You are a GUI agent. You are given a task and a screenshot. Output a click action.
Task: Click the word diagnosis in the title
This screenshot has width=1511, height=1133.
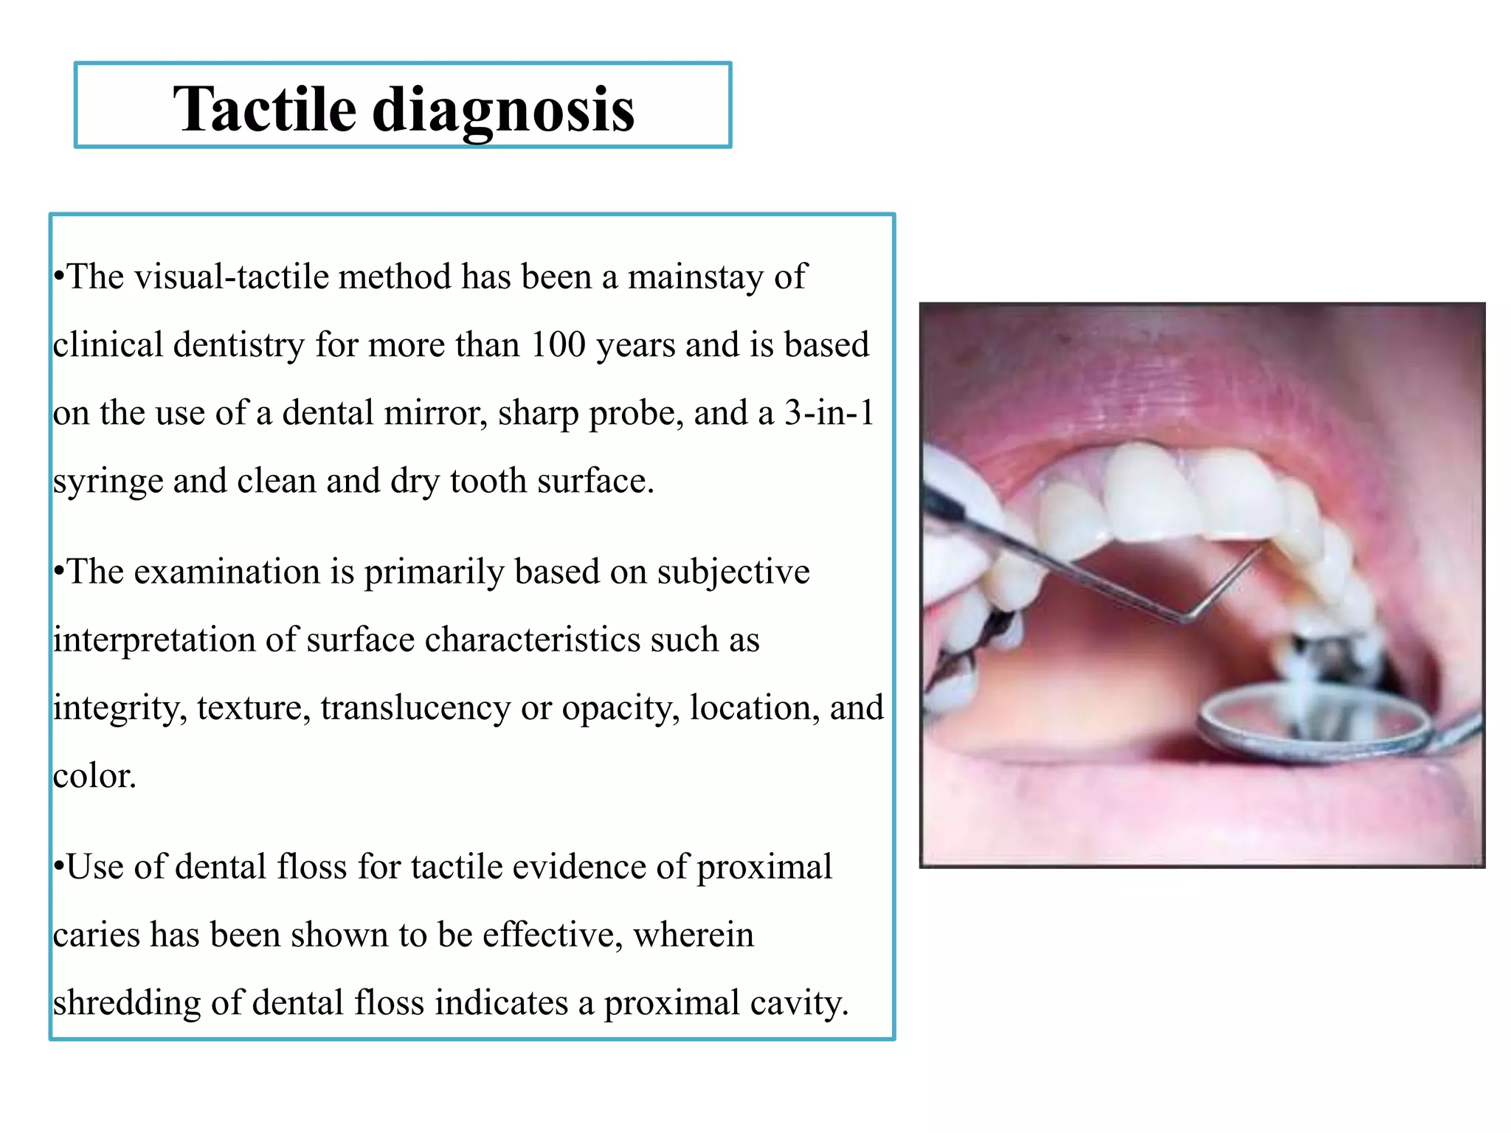pyautogui.click(x=503, y=111)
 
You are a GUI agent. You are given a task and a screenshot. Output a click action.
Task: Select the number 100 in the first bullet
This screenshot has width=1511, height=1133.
pyautogui.click(x=559, y=344)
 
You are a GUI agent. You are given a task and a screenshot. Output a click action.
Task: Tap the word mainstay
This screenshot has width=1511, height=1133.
pyautogui.click(x=696, y=277)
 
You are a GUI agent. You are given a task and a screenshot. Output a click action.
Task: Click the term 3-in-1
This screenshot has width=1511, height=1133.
pyautogui.click(x=829, y=412)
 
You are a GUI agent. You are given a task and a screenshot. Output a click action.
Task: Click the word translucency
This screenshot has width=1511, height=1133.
pyautogui.click(x=415, y=707)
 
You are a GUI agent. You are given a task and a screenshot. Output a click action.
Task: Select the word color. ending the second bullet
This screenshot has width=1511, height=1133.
pyautogui.click(x=94, y=775)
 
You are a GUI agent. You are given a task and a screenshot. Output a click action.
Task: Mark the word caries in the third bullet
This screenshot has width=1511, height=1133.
pyautogui.click(x=96, y=935)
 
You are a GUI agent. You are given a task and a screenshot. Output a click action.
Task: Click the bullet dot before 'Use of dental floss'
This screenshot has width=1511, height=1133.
pyautogui.click(x=58, y=867)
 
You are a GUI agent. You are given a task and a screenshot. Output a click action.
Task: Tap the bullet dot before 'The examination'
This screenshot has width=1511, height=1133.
pyautogui.click(x=58, y=572)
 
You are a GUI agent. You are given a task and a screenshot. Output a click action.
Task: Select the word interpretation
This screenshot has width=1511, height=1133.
pyautogui.click(x=154, y=640)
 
